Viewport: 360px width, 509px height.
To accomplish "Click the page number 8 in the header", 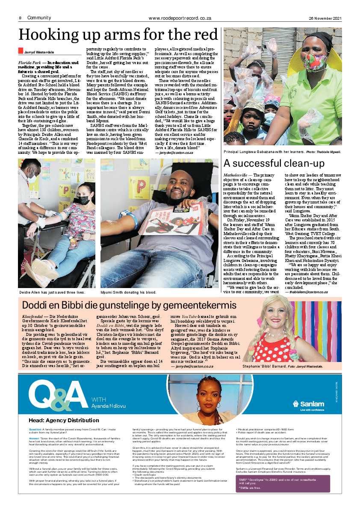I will point(20,18).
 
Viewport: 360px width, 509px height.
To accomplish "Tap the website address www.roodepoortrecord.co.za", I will point(180,18).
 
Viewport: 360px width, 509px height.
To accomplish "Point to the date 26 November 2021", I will point(325,18).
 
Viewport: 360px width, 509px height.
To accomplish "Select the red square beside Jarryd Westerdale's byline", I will point(20,51).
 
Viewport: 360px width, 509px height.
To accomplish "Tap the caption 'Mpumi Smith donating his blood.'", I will point(128,292).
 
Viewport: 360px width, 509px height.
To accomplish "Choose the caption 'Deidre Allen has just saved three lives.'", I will point(52,292).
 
